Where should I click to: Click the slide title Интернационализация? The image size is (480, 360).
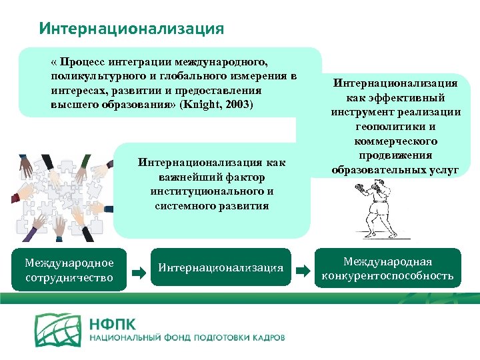coord(131,29)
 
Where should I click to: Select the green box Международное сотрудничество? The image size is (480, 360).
coord(69,270)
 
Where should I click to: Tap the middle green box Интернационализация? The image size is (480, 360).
coord(221,269)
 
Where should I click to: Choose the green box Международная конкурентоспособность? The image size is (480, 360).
coord(387,268)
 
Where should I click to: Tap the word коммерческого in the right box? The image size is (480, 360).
coord(396,141)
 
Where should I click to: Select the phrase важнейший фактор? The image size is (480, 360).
coord(211,177)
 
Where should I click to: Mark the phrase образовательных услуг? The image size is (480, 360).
coord(395,170)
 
